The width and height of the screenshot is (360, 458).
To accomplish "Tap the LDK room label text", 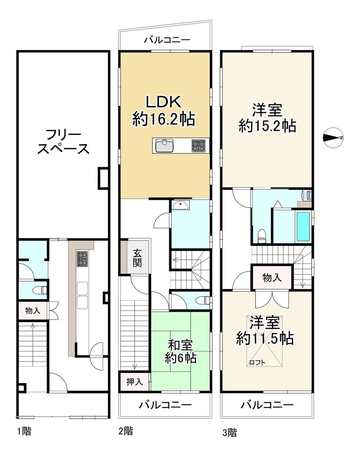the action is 164,111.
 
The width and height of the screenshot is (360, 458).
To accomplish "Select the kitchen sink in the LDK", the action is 165,146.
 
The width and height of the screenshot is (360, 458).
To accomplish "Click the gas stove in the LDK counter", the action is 198,146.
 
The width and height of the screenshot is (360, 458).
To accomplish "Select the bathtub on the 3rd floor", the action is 303,227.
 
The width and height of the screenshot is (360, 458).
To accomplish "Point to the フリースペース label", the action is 63,142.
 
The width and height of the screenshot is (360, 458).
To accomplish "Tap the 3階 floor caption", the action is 230,432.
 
